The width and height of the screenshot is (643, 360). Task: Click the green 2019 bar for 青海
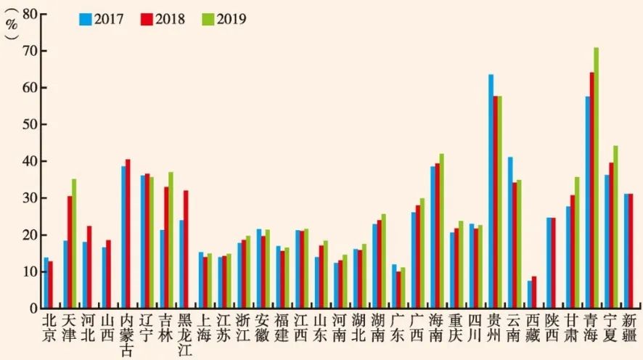[x=596, y=178]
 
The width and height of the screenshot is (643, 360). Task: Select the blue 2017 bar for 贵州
[x=491, y=192]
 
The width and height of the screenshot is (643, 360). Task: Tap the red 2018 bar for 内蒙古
[x=128, y=234]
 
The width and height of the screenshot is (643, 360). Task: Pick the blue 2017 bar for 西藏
[x=530, y=295]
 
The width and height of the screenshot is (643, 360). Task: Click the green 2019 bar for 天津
[x=74, y=244]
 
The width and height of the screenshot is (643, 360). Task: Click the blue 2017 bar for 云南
[x=510, y=232]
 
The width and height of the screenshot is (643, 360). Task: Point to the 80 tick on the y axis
[x=29, y=14]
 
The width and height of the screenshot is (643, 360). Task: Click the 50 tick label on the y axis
[x=29, y=125]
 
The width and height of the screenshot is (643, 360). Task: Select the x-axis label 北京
[x=49, y=327]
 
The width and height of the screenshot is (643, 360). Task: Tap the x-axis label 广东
[x=396, y=327]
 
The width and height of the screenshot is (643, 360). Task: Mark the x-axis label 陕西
[x=552, y=327]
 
